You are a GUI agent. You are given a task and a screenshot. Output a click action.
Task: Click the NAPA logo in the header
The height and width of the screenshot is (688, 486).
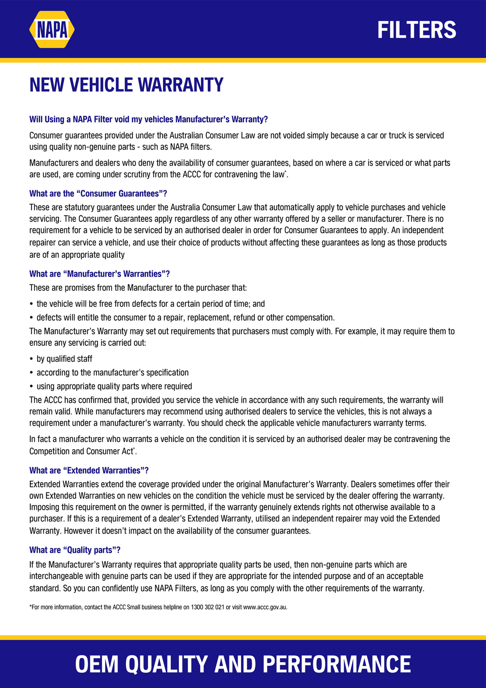point(52,30)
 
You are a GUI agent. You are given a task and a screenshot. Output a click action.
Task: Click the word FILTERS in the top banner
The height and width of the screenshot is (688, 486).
point(417,30)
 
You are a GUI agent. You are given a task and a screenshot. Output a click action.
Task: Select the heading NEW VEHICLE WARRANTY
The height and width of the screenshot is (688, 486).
point(126,85)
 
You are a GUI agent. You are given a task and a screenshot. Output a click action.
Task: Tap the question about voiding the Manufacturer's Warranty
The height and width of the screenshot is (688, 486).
point(149,119)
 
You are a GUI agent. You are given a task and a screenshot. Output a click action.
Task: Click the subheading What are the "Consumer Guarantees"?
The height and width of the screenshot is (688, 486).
point(98,194)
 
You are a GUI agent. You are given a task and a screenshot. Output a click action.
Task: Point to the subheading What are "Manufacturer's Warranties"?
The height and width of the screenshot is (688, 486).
point(99,274)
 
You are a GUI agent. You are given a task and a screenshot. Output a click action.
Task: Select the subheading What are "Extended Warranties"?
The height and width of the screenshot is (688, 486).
point(89,470)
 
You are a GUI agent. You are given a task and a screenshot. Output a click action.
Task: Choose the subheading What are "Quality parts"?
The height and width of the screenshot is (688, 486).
point(75,550)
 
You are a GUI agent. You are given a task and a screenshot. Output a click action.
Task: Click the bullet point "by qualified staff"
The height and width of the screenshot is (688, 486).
point(64,359)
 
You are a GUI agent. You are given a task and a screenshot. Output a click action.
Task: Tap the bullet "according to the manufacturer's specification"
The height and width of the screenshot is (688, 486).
point(112,373)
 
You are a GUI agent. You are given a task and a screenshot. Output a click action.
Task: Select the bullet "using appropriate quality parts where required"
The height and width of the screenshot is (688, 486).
point(114,386)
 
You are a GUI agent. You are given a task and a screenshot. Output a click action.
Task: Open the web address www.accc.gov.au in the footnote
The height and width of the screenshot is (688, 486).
point(265,607)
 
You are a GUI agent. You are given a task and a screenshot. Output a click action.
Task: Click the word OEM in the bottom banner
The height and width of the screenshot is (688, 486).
point(96,664)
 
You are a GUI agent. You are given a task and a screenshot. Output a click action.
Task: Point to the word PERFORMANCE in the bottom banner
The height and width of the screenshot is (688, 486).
point(336,664)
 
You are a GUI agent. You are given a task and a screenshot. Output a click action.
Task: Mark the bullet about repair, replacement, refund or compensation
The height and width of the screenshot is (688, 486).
point(185,318)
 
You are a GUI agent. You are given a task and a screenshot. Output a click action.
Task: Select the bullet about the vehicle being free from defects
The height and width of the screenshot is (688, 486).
point(151,304)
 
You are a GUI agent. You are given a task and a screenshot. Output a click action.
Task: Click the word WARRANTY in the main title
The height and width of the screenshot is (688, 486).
point(181,85)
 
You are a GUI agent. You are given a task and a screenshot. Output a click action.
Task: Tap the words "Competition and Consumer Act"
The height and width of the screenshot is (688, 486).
point(81,451)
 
